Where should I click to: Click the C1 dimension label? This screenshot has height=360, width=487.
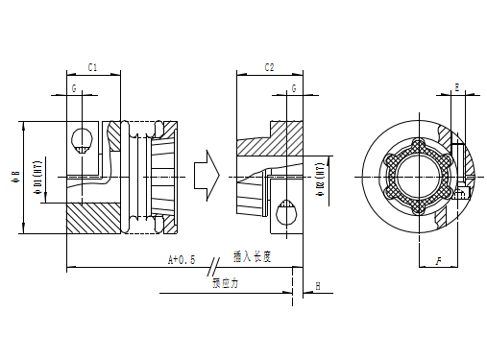(x=92, y=67)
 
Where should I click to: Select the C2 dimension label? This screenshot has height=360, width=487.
(x=269, y=67)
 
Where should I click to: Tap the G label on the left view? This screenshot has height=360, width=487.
(x=74, y=88)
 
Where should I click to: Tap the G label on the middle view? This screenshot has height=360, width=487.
(x=292, y=88)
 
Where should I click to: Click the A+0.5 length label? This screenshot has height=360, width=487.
(x=182, y=260)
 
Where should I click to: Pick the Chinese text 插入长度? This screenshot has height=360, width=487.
(x=253, y=256)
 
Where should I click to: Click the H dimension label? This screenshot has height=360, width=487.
(x=317, y=286)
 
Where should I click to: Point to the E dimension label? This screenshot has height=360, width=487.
(x=456, y=87)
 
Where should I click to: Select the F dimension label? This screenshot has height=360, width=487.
(x=438, y=260)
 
